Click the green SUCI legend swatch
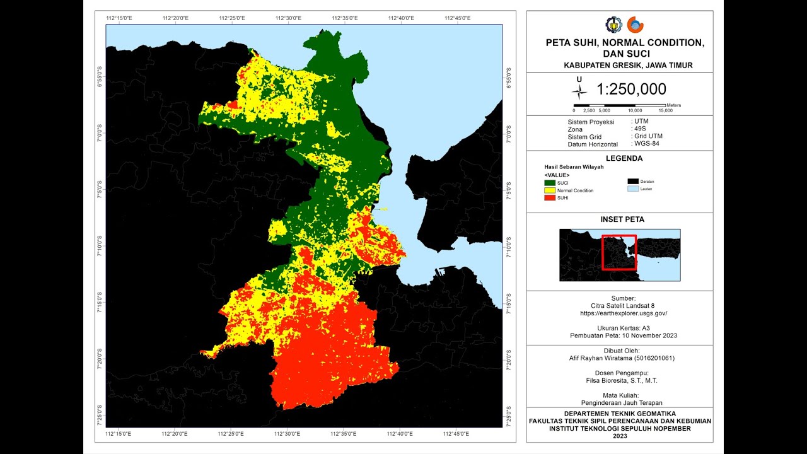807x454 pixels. tap(549, 183)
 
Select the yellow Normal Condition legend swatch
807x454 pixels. tap(549, 190)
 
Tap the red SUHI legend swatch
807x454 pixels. tap(549, 198)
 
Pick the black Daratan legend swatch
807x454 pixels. tap(632, 182)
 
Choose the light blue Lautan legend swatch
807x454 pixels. tap(632, 189)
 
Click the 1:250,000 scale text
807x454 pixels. tap(631, 90)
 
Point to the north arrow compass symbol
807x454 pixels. tap(579, 91)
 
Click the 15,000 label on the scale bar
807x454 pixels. tap(665, 110)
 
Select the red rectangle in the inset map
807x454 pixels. tap(619, 252)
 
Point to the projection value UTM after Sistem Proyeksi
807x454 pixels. tap(641, 121)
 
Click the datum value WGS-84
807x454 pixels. tap(646, 144)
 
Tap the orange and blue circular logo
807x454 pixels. tap(635, 25)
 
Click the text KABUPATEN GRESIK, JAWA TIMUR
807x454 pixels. tap(628, 66)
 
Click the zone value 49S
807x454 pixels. tap(640, 129)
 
